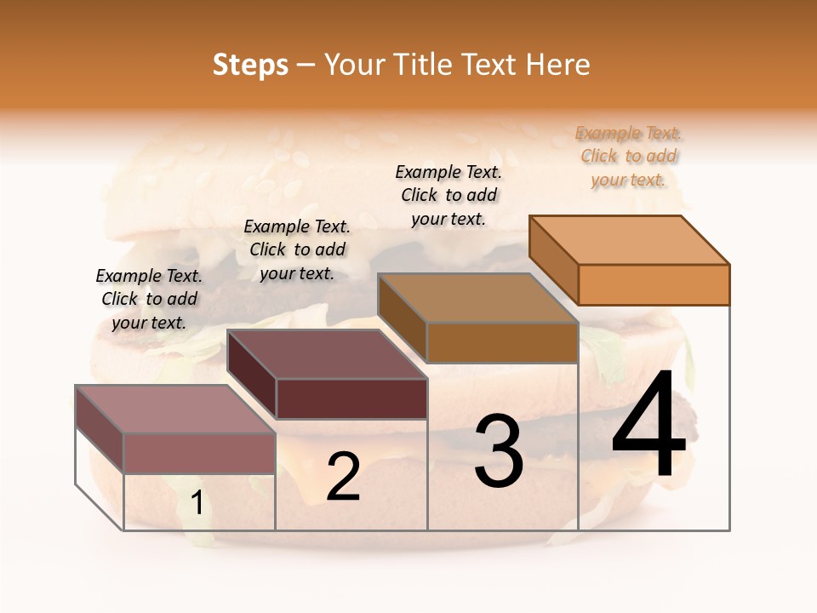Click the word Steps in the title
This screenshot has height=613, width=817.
point(250,66)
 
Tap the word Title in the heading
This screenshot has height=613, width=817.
point(423,65)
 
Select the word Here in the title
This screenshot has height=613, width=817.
point(557,65)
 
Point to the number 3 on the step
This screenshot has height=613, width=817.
point(499,451)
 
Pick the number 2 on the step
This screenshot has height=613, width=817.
point(343,477)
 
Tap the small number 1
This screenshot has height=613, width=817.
point(197,504)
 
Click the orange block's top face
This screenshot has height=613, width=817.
point(628,240)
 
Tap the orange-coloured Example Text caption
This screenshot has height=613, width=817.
point(628,157)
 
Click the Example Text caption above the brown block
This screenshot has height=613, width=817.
point(448,195)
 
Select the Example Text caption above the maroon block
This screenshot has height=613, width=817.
point(297,249)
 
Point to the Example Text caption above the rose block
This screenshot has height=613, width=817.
point(149,299)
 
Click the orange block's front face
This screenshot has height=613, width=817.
point(654,284)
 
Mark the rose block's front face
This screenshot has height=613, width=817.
point(199,453)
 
